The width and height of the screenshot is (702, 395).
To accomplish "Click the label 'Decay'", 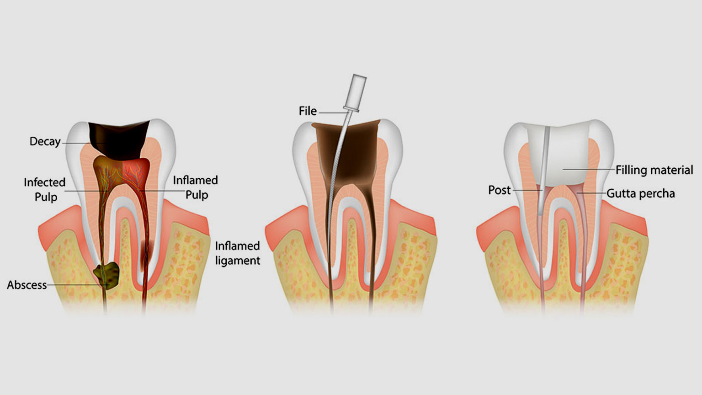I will coord(45,141).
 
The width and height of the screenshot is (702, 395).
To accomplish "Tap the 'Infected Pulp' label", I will coord(45,190).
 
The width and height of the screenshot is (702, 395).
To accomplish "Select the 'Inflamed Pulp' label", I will coord(196,187).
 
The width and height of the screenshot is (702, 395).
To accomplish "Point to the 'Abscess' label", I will coord(27,285).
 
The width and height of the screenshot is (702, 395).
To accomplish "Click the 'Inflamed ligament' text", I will coord(237,253).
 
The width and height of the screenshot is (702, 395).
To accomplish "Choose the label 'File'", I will coord(308,111).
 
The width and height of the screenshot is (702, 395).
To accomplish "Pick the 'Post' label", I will coord(499,190).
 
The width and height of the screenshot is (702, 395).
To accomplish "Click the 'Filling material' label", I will coord(654,170).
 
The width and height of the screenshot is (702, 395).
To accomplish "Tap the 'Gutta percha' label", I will coord(640,193).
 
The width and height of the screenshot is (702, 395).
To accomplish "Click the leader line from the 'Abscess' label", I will coord(75,285).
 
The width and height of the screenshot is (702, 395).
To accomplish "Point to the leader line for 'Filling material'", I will coord(590,170).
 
